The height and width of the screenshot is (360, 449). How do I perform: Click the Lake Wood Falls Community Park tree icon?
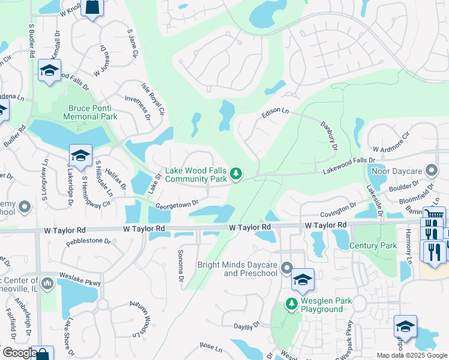(237, 174)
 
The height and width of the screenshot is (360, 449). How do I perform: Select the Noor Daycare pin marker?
(430, 171)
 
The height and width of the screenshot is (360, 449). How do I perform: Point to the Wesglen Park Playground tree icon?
(292, 304)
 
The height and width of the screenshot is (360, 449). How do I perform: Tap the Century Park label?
(373, 245)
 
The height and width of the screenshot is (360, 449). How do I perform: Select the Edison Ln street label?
(275, 113)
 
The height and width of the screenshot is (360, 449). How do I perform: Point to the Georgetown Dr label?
(176, 205)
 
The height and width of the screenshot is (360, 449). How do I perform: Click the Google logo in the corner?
(19, 353)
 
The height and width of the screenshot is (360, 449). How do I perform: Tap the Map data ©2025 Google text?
(411, 355)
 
